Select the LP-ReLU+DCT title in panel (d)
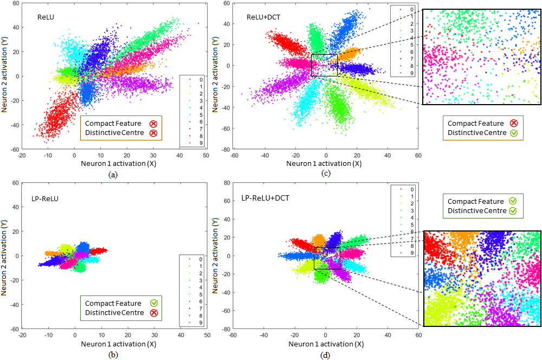[x=265, y=198]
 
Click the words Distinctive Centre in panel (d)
[x=475, y=210]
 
